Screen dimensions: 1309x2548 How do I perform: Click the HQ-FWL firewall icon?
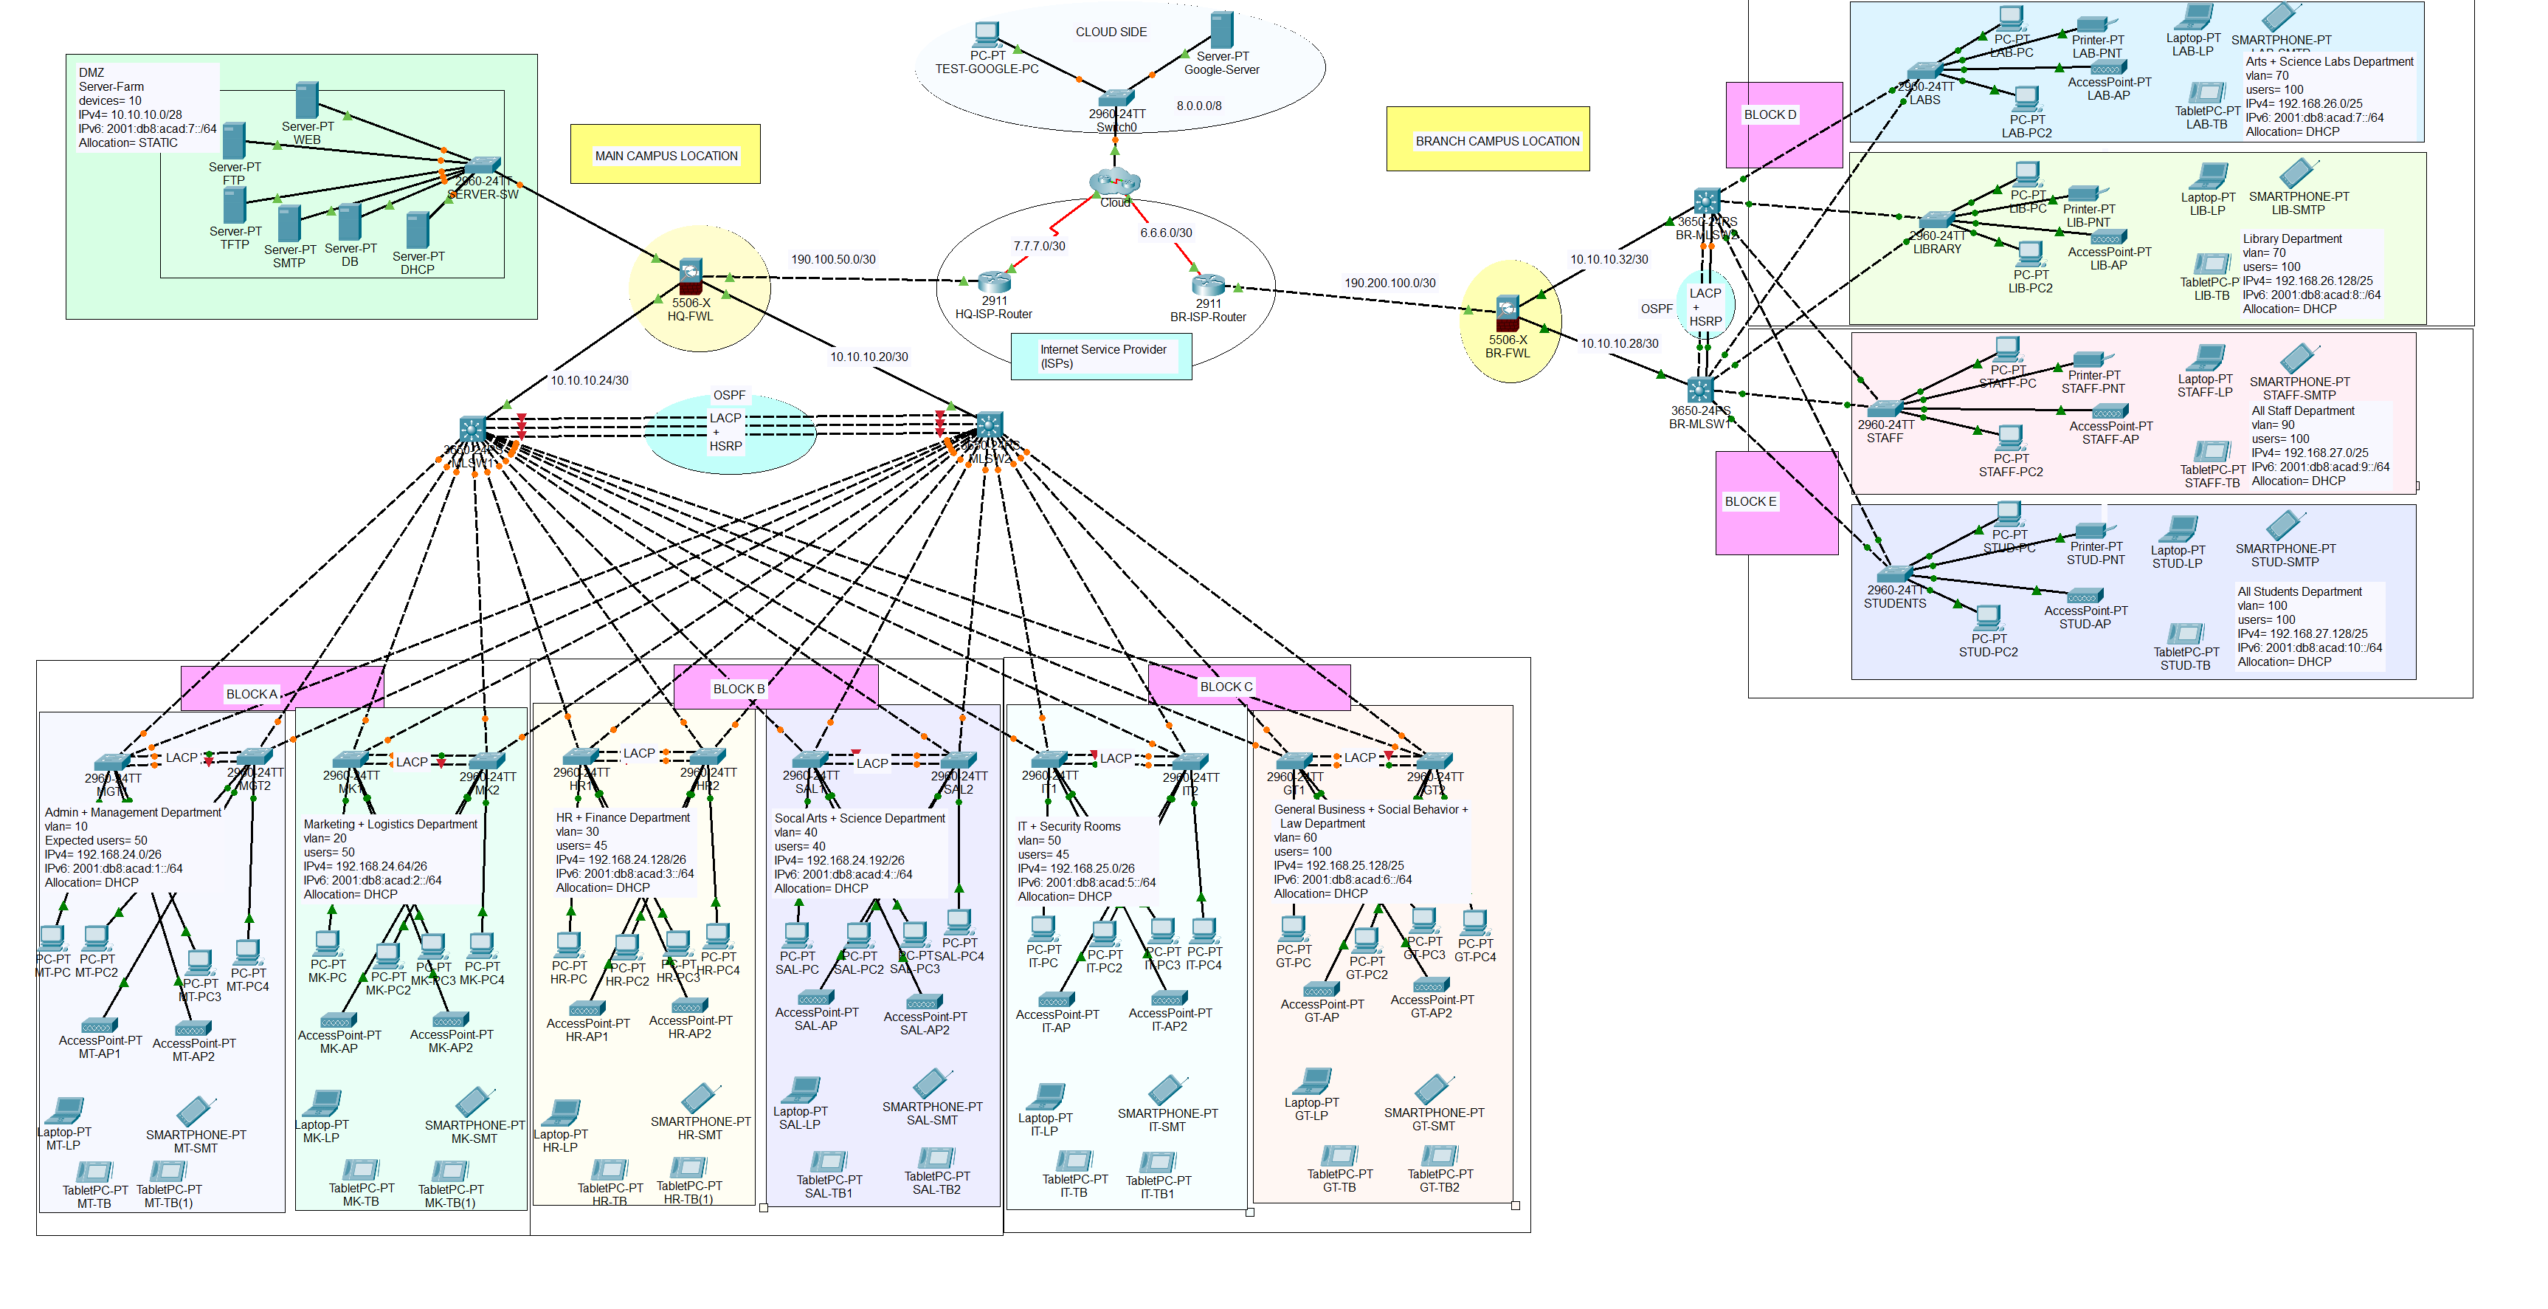click(x=691, y=274)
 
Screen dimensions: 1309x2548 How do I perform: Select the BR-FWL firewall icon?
click(x=1507, y=312)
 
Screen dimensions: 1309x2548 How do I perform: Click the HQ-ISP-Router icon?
click(x=993, y=282)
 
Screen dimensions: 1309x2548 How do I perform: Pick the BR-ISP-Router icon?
click(x=1208, y=285)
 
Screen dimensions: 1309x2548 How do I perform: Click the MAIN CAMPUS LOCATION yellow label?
click(x=666, y=155)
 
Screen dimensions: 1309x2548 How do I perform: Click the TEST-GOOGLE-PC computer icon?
click(x=985, y=35)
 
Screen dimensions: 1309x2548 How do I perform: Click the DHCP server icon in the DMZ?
click(x=418, y=230)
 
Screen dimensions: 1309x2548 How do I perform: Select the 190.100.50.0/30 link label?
click(x=833, y=259)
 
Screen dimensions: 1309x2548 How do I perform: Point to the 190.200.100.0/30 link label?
click(x=1389, y=283)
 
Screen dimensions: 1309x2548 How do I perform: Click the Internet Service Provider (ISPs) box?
click(x=1101, y=356)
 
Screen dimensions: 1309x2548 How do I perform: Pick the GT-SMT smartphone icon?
click(x=1432, y=1089)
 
